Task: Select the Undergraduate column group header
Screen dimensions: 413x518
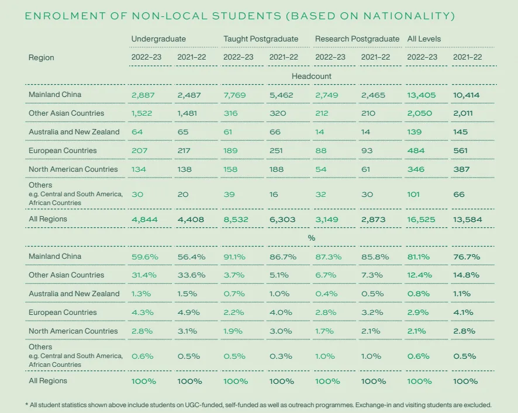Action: (158, 39)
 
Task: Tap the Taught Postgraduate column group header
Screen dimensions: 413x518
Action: (261, 39)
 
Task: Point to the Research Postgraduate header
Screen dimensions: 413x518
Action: (357, 39)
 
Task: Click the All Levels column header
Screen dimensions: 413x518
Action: (424, 39)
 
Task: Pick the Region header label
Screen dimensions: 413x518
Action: (41, 57)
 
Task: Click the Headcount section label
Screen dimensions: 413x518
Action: (312, 76)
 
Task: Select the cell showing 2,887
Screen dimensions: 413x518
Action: (146, 95)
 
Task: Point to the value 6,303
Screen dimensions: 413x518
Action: (282, 220)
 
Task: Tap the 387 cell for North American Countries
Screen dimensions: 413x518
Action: (461, 169)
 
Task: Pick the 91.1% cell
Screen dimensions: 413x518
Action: (236, 256)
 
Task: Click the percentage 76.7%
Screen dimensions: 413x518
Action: (465, 256)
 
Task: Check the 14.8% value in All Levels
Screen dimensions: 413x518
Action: (465, 275)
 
